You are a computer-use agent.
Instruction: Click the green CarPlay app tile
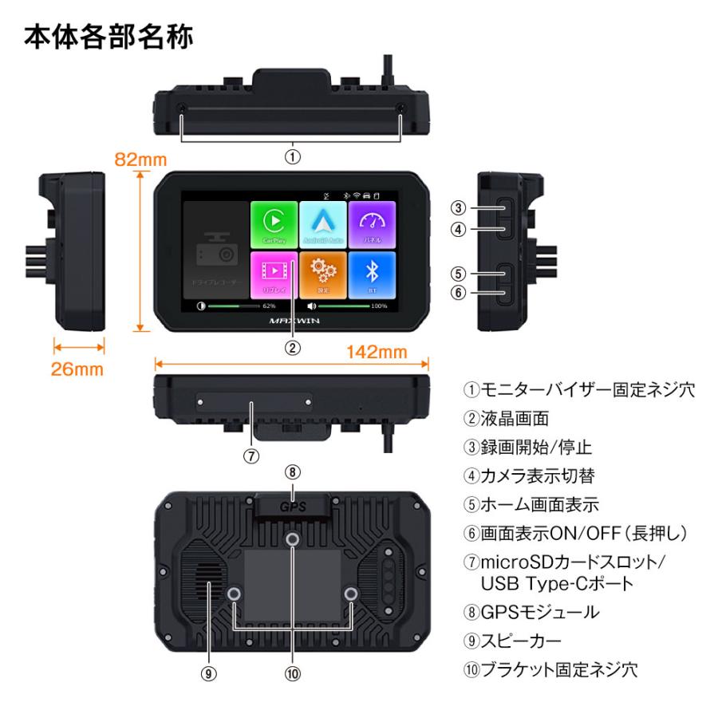[273, 224]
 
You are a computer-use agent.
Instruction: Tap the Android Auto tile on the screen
[322, 224]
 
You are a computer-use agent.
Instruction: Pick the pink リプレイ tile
[273, 274]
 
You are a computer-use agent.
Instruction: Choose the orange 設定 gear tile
[322, 274]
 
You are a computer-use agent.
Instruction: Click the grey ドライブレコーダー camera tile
[215, 250]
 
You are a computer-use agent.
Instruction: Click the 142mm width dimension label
[376, 352]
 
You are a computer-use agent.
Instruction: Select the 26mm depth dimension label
[78, 369]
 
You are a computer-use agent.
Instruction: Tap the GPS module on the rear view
[293, 504]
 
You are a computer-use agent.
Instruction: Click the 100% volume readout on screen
[379, 306]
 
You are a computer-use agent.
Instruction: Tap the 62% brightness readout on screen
[269, 306]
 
